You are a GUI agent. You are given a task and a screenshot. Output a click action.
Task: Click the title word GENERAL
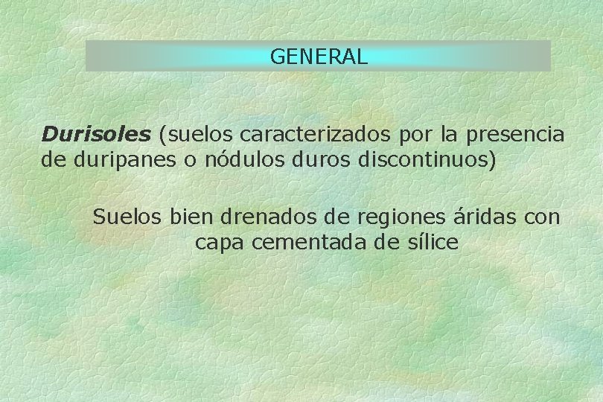pos(319,57)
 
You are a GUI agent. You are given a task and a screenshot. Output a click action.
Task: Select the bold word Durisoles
pos(96,135)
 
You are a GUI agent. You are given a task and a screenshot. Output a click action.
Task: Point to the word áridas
pos(482,217)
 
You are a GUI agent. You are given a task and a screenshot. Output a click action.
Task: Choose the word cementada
pos(311,242)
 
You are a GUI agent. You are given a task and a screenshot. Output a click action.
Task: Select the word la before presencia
pos(449,135)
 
